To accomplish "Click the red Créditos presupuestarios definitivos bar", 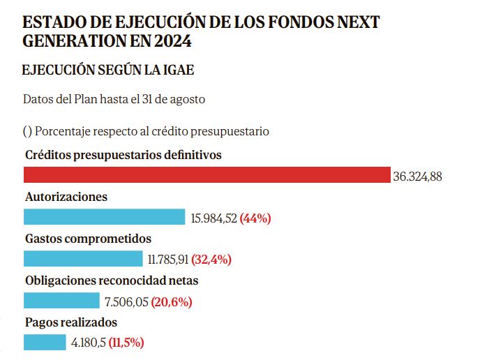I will [207, 174].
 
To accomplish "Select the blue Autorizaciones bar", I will [105, 217].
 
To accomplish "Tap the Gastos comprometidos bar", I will [83, 259].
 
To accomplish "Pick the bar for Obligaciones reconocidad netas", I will [61, 301].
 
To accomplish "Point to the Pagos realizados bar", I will [45, 343].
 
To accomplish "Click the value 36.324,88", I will [417, 177].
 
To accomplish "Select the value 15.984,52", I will [213, 218].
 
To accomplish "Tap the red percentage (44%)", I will [255, 218].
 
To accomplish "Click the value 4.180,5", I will [89, 343].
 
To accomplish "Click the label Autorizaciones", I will [66, 197].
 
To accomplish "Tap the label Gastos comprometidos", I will [88, 239].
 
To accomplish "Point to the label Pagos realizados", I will [70, 322].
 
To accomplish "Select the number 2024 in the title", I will [172, 41].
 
